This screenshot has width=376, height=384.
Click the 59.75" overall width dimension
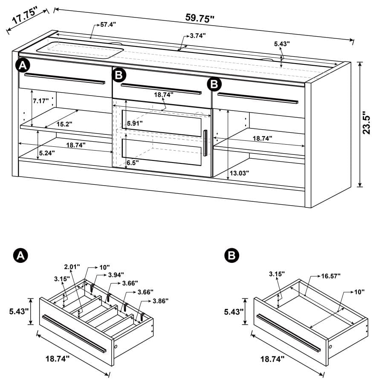click(200, 18)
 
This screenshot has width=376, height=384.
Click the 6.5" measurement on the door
click(134, 163)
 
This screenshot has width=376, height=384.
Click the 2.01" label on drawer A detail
click(72, 267)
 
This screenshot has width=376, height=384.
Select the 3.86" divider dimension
click(160, 301)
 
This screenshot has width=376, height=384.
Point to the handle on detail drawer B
click(288, 333)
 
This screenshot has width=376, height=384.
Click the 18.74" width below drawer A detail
click(57, 359)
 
